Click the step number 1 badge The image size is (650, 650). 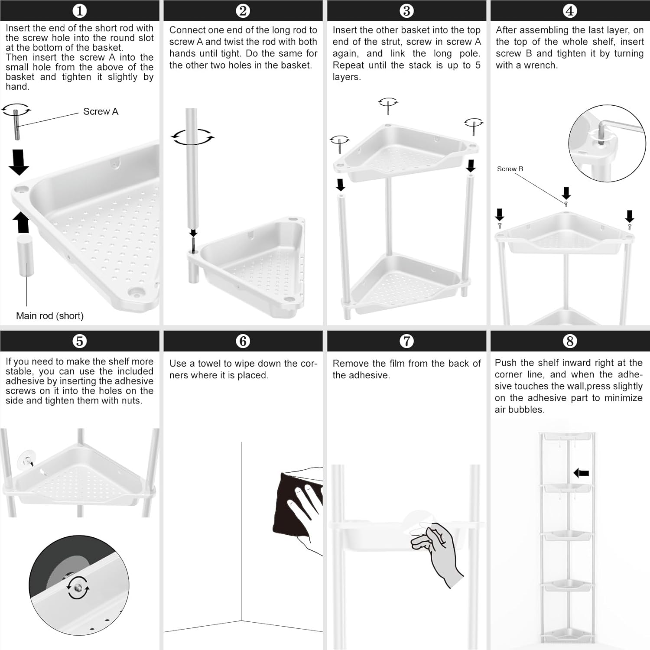tap(79, 11)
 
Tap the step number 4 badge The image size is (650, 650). tap(570, 11)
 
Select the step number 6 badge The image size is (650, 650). tap(243, 341)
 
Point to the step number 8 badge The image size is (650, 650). tap(570, 341)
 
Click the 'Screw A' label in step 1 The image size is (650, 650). tap(101, 112)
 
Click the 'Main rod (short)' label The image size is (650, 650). tap(50, 316)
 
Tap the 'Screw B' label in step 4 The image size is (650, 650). tap(510, 169)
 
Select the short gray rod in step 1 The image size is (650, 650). tap(26, 256)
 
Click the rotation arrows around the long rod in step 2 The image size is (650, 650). tap(192, 137)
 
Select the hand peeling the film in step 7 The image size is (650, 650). tap(440, 550)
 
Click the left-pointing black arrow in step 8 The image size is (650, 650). tap(581, 473)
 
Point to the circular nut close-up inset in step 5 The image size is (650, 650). tap(79, 585)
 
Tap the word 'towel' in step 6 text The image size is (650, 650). tap(210, 364)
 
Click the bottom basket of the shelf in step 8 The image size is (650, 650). tap(568, 635)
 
